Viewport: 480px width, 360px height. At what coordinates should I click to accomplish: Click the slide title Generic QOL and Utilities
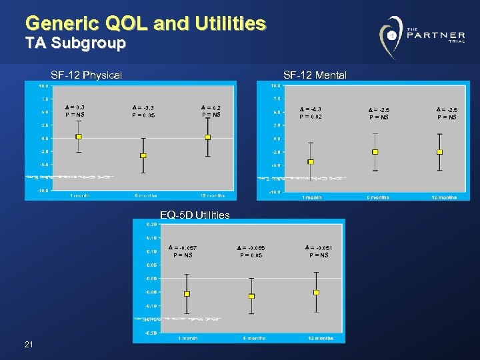pyautogui.click(x=145, y=24)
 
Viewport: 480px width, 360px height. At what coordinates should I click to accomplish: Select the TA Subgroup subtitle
pyautogui.click(x=75, y=45)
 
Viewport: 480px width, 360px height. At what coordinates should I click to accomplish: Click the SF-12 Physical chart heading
pyautogui.click(x=87, y=75)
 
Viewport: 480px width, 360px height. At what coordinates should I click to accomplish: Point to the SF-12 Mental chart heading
pyautogui.click(x=315, y=75)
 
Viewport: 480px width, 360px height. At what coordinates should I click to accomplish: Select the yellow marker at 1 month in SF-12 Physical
pyautogui.click(x=79, y=137)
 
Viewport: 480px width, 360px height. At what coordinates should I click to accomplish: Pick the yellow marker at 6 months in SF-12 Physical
pyautogui.click(x=143, y=155)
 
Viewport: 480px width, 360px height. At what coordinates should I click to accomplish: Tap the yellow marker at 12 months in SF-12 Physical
pyautogui.click(x=207, y=137)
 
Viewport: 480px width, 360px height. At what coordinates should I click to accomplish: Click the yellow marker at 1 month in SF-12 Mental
pyautogui.click(x=311, y=162)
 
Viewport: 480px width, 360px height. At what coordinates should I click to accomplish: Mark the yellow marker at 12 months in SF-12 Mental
pyautogui.click(x=439, y=152)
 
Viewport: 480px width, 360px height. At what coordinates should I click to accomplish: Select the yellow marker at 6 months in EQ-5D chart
pyautogui.click(x=251, y=296)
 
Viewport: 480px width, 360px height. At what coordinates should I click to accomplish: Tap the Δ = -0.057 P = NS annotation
pyautogui.click(x=183, y=251)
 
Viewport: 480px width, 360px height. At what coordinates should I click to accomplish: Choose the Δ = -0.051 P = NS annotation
pyautogui.click(x=319, y=251)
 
